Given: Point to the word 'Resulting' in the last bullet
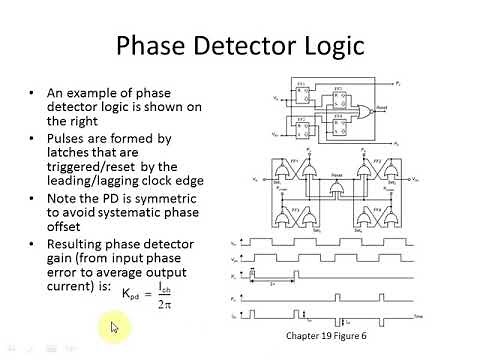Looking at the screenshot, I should (x=80, y=244).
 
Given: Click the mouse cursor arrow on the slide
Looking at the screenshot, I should (x=116, y=326).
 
